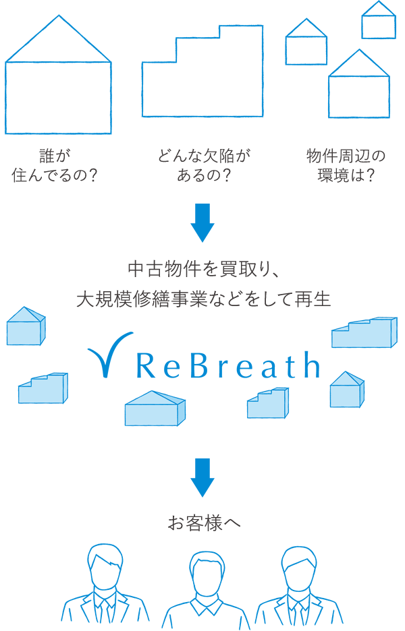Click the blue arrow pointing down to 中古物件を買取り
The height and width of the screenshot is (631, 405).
pos(202,222)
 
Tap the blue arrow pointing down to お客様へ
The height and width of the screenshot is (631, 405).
pos(202,477)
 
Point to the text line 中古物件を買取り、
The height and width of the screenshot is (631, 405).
pos(202,269)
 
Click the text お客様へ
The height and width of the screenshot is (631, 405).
pos(202,522)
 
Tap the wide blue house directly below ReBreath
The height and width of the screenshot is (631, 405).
pos(155,409)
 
